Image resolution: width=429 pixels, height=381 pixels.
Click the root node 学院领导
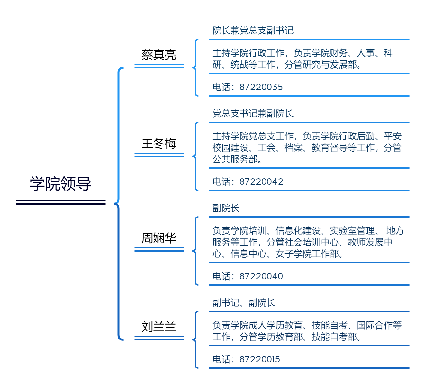[x=61, y=183]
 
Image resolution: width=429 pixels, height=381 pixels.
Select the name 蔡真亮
[x=159, y=55]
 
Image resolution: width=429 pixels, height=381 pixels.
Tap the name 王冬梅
[x=159, y=144]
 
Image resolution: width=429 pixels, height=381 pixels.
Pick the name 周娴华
[x=159, y=238]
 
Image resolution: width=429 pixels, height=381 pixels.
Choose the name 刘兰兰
[x=159, y=327]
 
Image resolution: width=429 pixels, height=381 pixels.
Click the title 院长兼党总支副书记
[x=253, y=31]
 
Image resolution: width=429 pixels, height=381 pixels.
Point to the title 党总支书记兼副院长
[x=253, y=114]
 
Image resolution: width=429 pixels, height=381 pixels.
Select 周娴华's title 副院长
[x=226, y=208]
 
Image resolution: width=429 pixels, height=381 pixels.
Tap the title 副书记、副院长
[x=244, y=302]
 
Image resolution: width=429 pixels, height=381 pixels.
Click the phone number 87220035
[x=261, y=87]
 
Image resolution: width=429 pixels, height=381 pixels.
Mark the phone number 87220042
[x=261, y=182]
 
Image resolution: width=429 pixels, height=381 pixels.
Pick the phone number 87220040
[x=261, y=276]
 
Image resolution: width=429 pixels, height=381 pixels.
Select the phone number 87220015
[x=260, y=359]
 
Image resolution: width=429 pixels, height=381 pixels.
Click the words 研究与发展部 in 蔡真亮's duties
[x=330, y=65]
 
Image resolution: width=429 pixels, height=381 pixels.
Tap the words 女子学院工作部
[x=307, y=254]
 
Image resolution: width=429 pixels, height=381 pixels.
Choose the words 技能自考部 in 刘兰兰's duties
[x=334, y=337]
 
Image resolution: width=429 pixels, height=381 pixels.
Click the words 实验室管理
[x=352, y=230]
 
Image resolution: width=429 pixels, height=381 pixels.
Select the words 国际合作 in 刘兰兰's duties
[x=375, y=325]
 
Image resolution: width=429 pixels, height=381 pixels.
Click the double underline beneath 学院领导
[x=61, y=202]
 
